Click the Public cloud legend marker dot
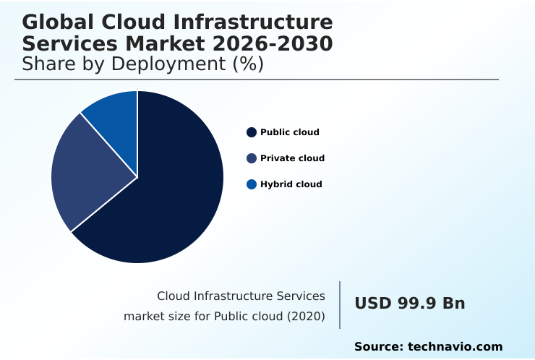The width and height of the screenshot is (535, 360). point(252,132)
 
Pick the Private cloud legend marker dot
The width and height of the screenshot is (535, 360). point(252,158)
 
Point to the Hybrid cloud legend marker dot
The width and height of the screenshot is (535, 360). point(252,184)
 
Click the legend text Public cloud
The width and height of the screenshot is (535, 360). point(289,132)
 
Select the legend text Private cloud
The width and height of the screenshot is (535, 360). point(292,158)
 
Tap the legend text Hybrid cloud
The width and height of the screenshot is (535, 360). point(291,184)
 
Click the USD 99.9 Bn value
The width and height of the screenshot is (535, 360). point(409,304)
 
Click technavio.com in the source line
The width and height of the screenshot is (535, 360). point(455,347)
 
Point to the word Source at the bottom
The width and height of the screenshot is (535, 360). point(377,347)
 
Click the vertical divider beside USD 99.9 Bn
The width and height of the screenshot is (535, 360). point(340,305)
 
